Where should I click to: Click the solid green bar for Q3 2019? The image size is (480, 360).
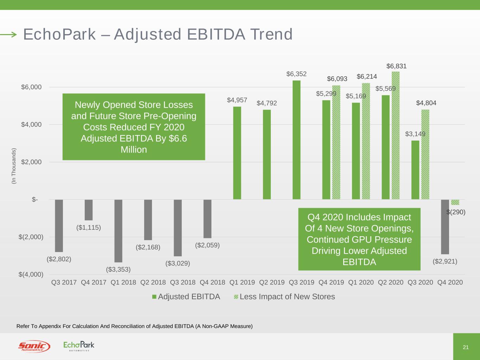[296, 140]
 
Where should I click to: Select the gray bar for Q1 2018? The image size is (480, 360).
[119, 231]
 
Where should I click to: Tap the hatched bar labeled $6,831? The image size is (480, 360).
[396, 135]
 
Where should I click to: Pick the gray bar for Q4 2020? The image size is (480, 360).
[445, 227]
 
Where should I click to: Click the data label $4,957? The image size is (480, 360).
[237, 100]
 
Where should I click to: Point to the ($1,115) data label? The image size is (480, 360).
[89, 227]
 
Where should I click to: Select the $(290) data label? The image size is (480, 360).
[456, 212]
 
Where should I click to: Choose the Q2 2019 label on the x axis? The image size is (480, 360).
[272, 282]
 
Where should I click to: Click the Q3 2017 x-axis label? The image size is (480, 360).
[64, 282]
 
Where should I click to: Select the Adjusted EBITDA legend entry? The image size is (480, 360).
[186, 297]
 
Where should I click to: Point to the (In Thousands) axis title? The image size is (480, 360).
[14, 166]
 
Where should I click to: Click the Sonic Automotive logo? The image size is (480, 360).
[34, 347]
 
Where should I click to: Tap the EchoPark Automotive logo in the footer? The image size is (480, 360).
[79, 346]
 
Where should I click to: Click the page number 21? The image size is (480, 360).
[466, 347]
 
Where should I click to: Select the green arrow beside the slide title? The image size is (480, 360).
[8, 34]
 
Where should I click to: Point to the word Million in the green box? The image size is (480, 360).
[134, 150]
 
